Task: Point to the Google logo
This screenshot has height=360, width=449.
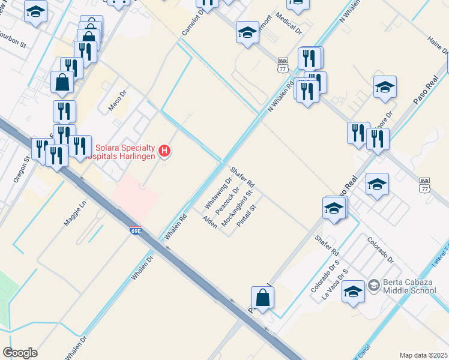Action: [x=20, y=352]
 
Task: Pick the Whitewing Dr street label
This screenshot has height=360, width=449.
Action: [x=215, y=191]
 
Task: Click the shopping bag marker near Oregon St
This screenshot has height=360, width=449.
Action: [x=62, y=82]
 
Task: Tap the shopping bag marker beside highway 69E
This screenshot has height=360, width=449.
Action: [x=263, y=298]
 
